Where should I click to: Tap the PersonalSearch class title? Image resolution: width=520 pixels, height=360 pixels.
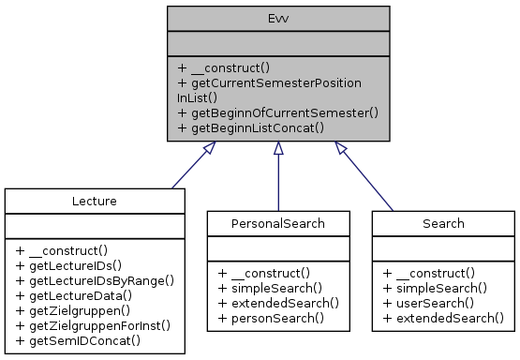(277, 224)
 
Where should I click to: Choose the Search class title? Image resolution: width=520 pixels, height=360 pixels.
(442, 224)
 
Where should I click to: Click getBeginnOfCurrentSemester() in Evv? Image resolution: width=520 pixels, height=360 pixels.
(277, 112)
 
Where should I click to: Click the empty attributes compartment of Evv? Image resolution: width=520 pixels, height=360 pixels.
(277, 42)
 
